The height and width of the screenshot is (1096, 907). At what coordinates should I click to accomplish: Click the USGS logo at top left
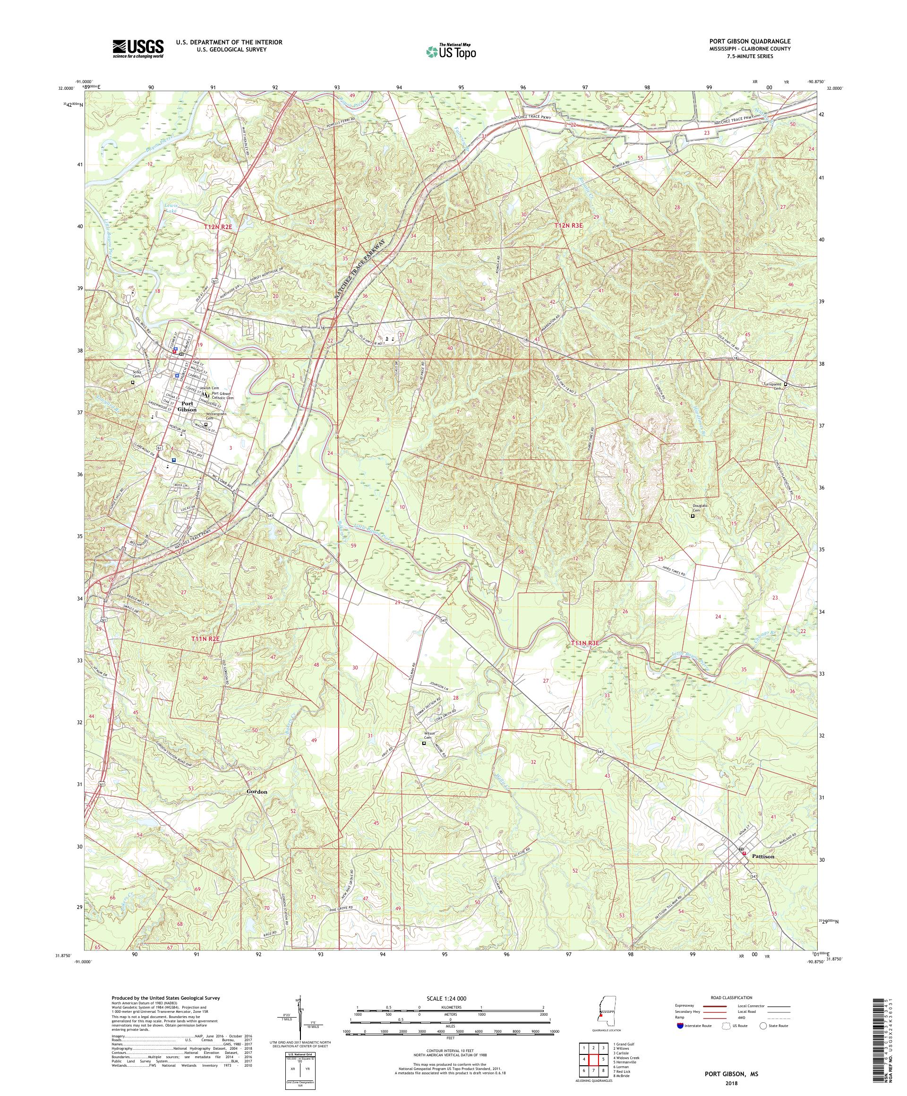(x=138, y=49)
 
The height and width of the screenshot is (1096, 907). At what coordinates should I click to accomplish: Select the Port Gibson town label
(x=187, y=407)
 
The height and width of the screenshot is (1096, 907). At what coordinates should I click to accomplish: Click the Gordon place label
(x=257, y=792)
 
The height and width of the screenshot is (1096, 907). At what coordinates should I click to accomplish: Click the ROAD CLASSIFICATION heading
(x=730, y=997)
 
